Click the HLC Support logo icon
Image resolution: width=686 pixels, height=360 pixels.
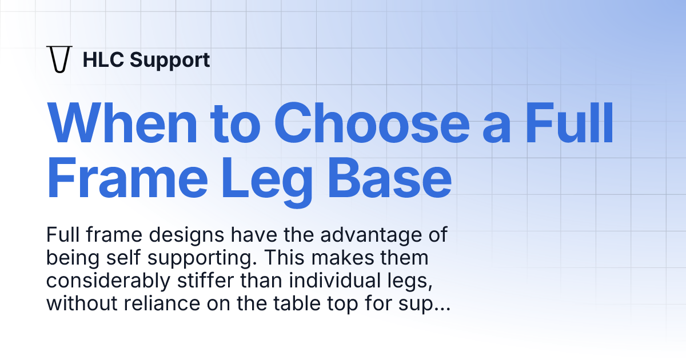[x=59, y=59]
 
